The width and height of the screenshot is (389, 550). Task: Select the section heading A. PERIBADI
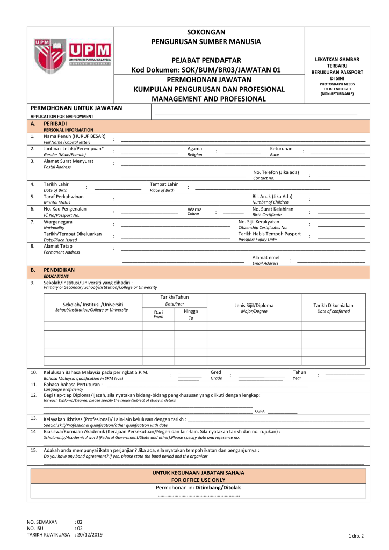55,124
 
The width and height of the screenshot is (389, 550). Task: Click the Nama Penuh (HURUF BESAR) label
74,136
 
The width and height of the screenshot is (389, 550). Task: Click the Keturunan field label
281,148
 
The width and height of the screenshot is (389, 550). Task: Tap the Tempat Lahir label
163,184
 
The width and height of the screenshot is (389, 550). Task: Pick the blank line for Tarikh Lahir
117,189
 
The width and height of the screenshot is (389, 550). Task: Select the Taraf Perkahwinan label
63,197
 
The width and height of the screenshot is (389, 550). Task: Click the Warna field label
194,209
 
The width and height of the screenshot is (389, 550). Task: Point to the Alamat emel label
266,257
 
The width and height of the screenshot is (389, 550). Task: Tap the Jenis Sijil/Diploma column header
254,305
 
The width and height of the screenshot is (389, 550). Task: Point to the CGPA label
261,411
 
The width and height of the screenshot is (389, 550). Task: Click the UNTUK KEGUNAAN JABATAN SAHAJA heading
198,473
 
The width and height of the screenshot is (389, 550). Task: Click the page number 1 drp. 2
356,536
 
